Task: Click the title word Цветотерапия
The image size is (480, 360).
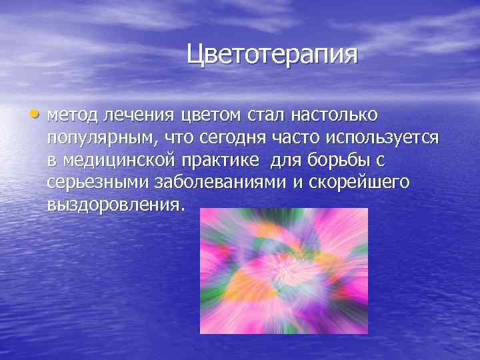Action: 272,54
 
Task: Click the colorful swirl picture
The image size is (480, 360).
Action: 284,270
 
